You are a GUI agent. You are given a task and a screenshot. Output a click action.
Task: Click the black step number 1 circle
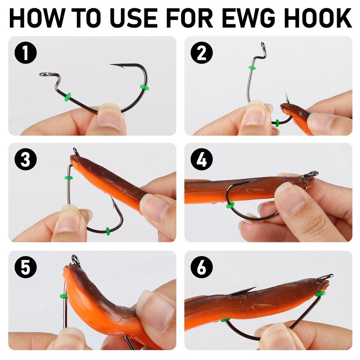coord(26,53)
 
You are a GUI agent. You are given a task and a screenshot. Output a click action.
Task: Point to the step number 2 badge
coord(202,53)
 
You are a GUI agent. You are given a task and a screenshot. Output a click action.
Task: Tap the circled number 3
coord(26,159)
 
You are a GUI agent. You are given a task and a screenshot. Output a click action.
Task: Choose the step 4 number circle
coord(202,159)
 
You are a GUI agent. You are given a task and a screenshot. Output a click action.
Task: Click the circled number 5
coord(26,267)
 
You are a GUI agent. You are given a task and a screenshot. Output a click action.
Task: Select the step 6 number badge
coord(202,267)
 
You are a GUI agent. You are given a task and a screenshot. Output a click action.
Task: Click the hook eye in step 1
coord(44,74)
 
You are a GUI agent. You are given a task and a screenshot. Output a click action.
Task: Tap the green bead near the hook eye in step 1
coord(68,97)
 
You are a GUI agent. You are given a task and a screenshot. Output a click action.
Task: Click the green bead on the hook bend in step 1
coord(144,87)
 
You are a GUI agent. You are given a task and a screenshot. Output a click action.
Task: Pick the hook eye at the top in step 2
coord(263,45)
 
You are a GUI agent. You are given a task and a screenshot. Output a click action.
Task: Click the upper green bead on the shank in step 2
coord(252,68)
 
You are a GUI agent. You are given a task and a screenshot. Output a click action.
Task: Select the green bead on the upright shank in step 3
coord(69,177)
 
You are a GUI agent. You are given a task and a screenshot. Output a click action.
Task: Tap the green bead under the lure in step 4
coord(230,205)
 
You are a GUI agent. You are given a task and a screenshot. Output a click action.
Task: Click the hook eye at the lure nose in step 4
coord(311,174)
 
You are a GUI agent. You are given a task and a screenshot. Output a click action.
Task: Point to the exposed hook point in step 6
coord(244,291)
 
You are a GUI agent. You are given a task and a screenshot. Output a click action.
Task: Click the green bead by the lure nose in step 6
coord(320,293)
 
